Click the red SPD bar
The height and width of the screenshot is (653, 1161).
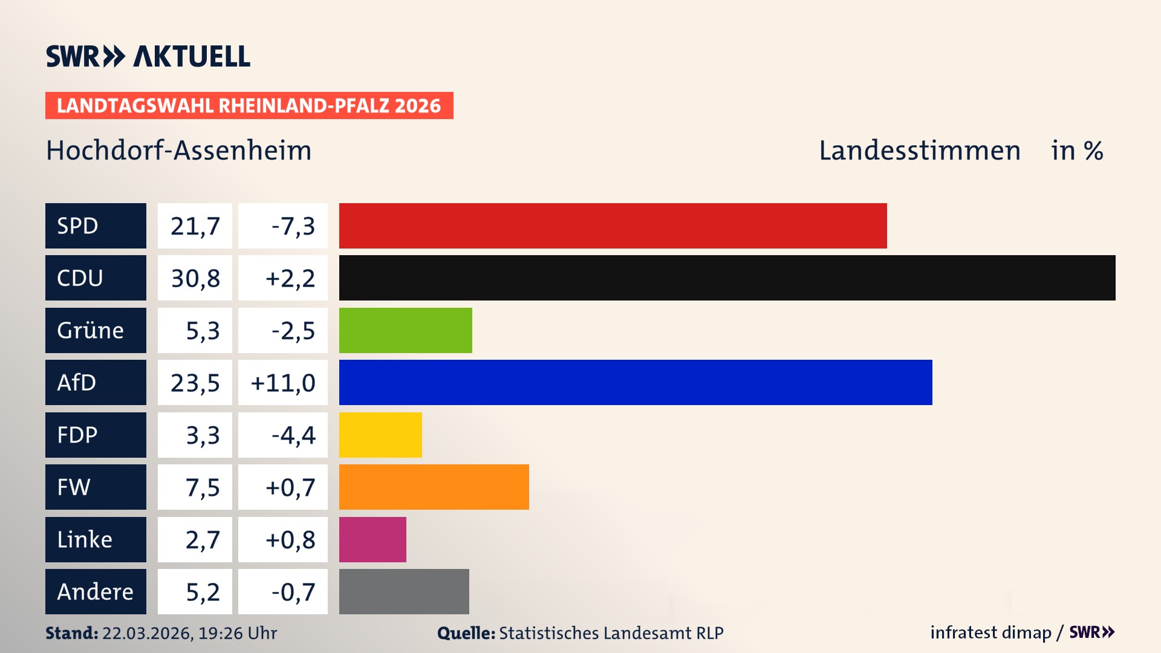[x=613, y=226]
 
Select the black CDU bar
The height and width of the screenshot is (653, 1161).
[x=727, y=278]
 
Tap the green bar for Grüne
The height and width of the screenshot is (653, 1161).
[x=405, y=330]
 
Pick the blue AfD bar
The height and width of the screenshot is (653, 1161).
[x=635, y=382]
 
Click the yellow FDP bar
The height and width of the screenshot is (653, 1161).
[x=380, y=435]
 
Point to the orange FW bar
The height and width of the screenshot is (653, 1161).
[x=434, y=487]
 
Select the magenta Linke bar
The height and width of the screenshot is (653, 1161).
[x=372, y=539]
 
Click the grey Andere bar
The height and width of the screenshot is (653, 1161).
[x=404, y=591]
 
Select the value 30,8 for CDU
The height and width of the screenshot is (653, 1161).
[x=195, y=278]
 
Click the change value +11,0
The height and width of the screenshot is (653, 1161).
[x=283, y=383]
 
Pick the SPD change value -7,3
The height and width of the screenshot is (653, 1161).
[x=293, y=226]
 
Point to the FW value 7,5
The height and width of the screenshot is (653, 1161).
[x=202, y=487]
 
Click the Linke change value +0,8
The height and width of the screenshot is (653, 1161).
[x=290, y=540]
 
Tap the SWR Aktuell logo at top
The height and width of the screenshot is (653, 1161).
[x=148, y=56]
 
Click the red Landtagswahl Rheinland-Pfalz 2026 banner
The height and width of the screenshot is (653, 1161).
[x=249, y=106]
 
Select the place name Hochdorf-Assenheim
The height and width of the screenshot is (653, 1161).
[x=179, y=151]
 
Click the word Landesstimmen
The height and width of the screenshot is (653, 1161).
[x=919, y=151]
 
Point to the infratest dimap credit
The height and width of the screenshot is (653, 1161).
[x=990, y=632]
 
